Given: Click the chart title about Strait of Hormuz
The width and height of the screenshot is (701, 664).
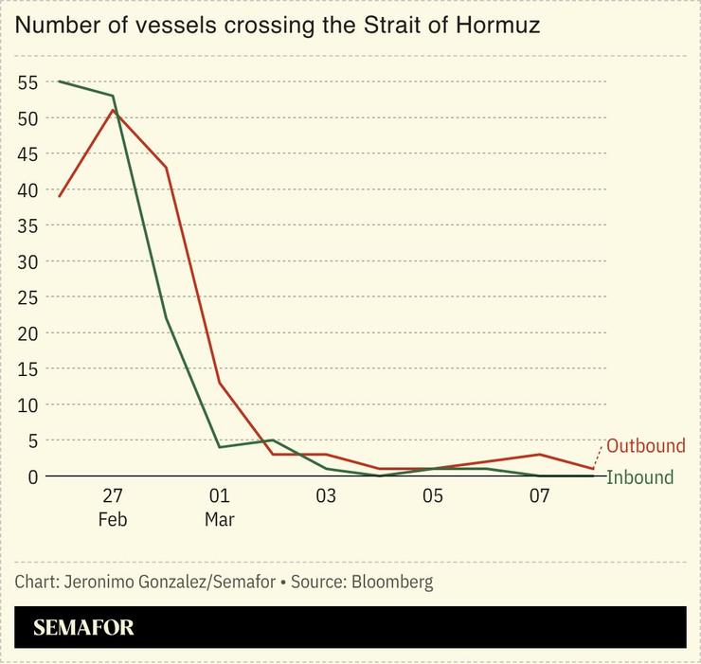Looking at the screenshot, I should (x=277, y=26).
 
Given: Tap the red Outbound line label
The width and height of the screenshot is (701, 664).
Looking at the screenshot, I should (x=645, y=446).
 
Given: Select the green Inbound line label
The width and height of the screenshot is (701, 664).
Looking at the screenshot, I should (x=639, y=477).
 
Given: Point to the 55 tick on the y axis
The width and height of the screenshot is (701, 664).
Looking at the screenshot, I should (x=27, y=82).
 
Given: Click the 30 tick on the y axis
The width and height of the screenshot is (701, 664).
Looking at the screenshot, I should (x=27, y=261).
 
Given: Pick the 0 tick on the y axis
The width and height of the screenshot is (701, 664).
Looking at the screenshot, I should (x=32, y=476).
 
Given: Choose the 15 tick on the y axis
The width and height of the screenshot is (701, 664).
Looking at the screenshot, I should (x=27, y=368).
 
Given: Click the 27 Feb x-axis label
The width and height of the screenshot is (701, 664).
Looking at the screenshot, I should (x=113, y=507).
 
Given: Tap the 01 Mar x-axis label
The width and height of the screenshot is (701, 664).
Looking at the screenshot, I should (x=220, y=507).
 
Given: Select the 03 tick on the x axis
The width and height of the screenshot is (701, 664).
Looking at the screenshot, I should (x=326, y=496).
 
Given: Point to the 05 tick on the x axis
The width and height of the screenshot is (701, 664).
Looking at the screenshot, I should (x=433, y=496).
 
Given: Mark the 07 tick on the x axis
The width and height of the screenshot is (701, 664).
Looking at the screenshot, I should (x=539, y=496).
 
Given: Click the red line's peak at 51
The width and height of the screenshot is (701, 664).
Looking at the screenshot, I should (x=113, y=110).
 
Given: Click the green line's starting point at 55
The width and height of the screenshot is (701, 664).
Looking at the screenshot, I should (x=60, y=81).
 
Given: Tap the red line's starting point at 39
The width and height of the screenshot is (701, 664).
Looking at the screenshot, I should (x=60, y=196).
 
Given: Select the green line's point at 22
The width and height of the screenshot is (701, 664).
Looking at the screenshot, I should (x=167, y=318).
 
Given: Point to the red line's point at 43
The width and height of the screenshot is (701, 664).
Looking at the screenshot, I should (x=167, y=168).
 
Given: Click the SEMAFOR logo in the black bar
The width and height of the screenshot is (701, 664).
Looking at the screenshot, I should (x=83, y=628).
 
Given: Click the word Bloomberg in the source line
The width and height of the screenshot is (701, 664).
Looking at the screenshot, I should (x=392, y=583).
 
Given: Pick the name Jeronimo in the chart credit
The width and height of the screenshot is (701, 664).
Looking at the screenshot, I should (x=100, y=583).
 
